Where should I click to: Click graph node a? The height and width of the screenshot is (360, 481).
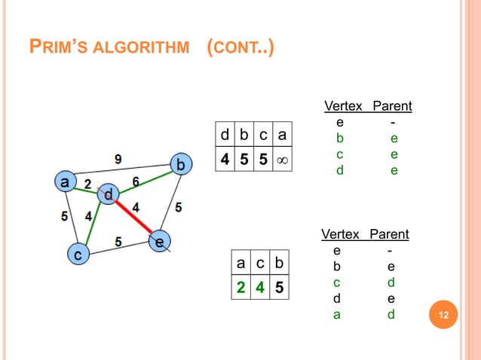tap(66, 182)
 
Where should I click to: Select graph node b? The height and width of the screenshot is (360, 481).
tap(179, 163)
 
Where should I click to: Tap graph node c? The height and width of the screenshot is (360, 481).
tap(76, 255)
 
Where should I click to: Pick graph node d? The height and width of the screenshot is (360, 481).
tap(109, 195)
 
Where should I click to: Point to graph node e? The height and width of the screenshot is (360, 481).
tap(158, 243)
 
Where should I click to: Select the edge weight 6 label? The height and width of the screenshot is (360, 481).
tap(136, 181)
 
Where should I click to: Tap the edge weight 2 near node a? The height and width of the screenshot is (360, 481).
tap(87, 183)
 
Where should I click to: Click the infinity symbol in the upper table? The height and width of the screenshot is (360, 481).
tap(282, 161)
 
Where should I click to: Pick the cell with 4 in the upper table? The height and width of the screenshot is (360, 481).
tap(225, 161)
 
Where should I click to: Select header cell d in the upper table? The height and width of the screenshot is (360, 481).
tap(225, 136)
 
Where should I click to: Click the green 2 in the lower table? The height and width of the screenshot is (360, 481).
tap(240, 287)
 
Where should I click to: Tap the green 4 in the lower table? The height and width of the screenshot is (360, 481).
tap(259, 287)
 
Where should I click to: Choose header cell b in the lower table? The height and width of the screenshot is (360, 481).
tap(279, 262)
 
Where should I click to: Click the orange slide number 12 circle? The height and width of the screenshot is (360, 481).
tap(443, 314)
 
